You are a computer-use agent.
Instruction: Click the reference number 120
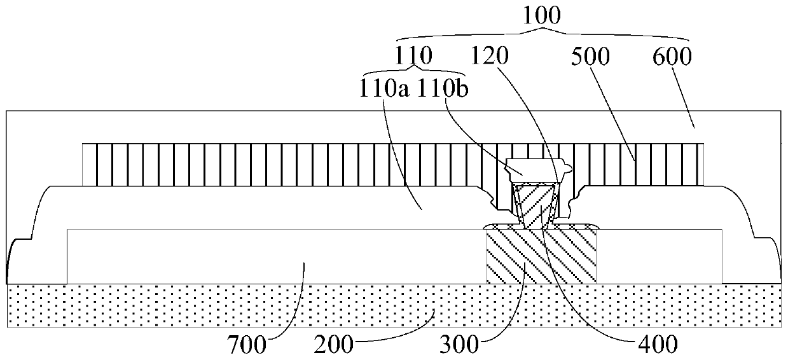click(x=490, y=57)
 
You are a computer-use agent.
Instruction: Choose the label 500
click(x=590, y=57)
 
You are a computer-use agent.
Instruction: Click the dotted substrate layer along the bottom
click(x=191, y=306)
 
